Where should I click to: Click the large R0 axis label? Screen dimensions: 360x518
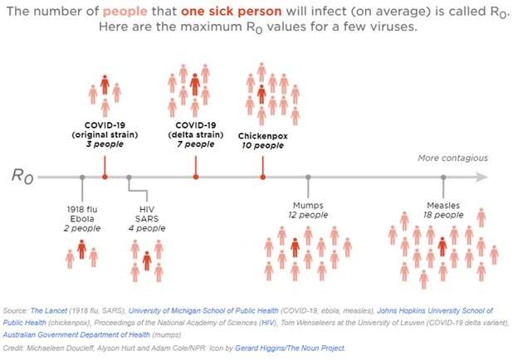tap(22, 177)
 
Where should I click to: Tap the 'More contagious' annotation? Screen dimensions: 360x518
tap(452, 158)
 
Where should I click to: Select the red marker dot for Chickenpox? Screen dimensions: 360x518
tap(262, 177)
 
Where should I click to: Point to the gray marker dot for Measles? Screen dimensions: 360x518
tap(443, 177)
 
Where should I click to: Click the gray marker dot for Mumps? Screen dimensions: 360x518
tap(308, 177)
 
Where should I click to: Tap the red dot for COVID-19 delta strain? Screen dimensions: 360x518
tap(196, 177)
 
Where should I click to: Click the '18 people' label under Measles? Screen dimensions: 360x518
tap(443, 215)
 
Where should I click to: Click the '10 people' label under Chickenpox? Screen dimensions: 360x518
tap(262, 145)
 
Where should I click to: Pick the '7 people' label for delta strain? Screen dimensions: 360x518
tap(196, 144)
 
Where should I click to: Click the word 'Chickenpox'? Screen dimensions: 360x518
tap(262, 135)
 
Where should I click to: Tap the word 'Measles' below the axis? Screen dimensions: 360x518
tap(443, 205)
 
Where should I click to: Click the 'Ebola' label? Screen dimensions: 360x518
tap(82, 218)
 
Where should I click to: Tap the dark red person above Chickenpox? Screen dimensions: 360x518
tap(261, 94)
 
